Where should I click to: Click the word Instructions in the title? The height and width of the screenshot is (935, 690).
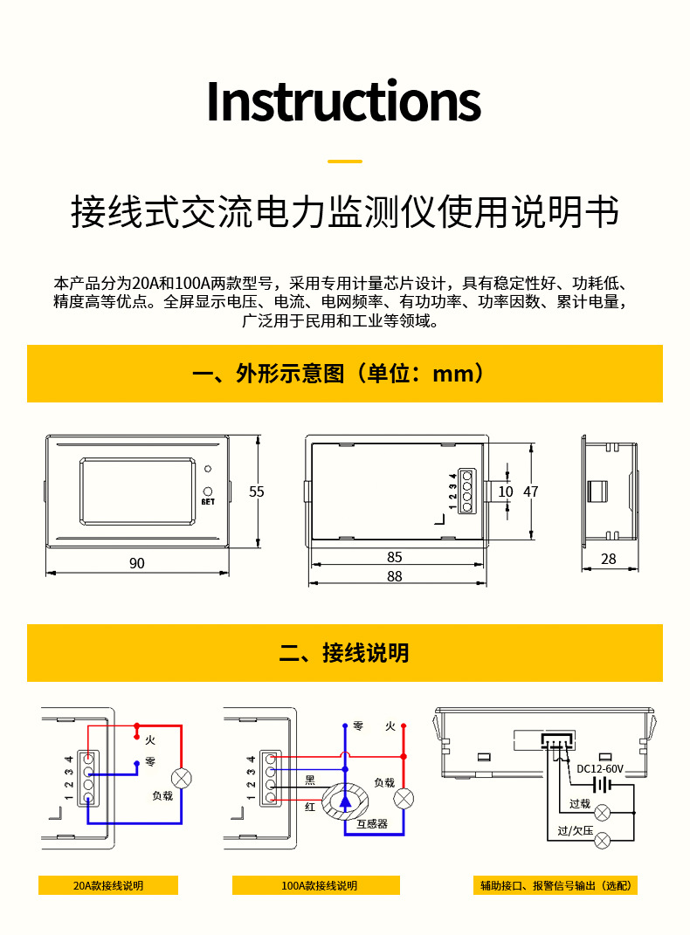click(x=343, y=102)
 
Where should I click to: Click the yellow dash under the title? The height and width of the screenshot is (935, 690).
click(x=344, y=162)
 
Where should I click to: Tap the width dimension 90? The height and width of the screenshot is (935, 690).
click(x=137, y=563)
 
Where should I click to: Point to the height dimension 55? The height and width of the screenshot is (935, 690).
click(x=256, y=492)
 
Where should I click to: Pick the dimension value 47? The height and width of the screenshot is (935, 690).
click(x=531, y=492)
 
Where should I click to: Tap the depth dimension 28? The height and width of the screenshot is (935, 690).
click(x=608, y=559)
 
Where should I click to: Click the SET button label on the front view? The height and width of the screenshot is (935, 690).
click(x=208, y=502)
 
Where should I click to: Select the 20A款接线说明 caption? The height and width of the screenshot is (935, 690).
click(x=108, y=885)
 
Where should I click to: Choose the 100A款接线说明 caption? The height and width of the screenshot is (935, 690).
click(x=319, y=885)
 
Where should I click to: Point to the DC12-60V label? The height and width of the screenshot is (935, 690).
click(x=601, y=769)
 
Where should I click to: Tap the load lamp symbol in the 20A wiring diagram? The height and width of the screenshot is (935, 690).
click(x=181, y=778)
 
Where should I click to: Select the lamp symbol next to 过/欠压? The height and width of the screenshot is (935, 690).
click(x=603, y=841)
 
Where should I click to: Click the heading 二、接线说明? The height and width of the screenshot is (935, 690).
click(x=344, y=653)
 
